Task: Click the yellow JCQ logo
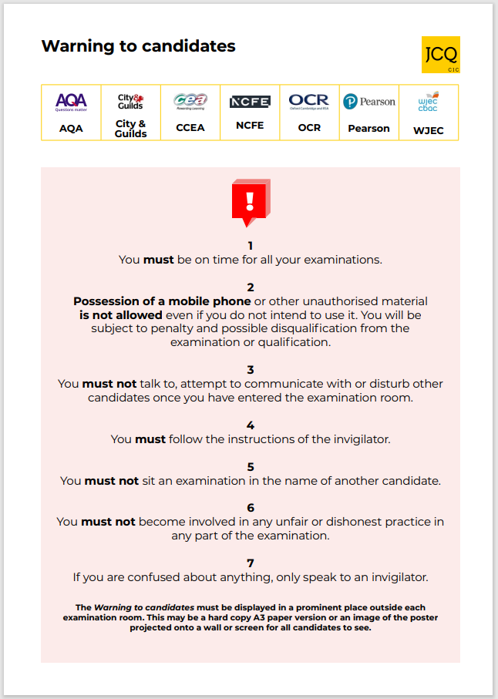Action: tap(441, 55)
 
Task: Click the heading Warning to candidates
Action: tap(138, 46)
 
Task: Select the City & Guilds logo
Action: tap(130, 102)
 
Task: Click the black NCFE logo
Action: tap(250, 102)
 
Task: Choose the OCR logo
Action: tap(309, 102)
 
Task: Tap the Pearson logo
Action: tap(369, 102)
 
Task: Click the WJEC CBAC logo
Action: tap(428, 102)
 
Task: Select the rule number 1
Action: tap(250, 246)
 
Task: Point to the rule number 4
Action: tap(250, 425)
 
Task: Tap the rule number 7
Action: tap(250, 563)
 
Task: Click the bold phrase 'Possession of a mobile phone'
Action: tap(162, 301)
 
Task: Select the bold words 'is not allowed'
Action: tap(121, 315)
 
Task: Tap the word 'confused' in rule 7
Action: tap(145, 576)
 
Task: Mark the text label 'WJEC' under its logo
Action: tap(428, 130)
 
